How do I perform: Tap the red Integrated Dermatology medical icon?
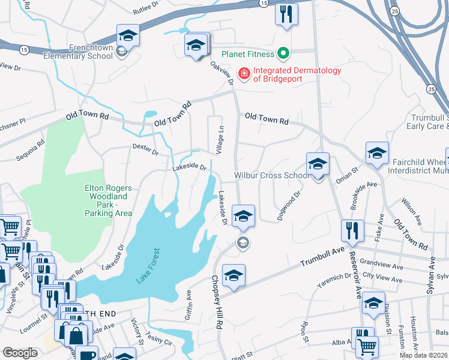pos(244,74)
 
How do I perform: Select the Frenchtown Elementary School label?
pos(82,51)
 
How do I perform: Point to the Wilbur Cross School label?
pos(271,175)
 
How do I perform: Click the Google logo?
pos(20,353)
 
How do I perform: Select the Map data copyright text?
pos(423,355)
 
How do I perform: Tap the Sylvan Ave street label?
pos(430,278)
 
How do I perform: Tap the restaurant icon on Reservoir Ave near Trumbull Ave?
pos(351,230)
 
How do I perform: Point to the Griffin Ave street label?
pos(188,303)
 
